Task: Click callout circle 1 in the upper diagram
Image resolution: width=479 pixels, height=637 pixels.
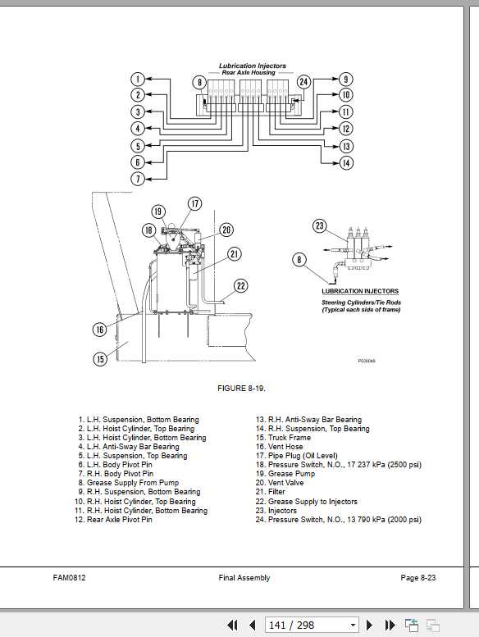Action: click(139, 80)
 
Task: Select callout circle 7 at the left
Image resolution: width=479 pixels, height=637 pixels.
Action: click(139, 178)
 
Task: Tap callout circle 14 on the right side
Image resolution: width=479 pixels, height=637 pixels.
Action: click(346, 163)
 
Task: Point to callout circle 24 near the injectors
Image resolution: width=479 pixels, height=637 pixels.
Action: click(303, 82)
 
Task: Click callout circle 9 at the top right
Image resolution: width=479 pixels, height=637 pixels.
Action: click(346, 80)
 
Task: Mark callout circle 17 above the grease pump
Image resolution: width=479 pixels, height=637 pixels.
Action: click(194, 203)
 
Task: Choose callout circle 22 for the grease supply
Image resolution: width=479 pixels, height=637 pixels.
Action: click(240, 285)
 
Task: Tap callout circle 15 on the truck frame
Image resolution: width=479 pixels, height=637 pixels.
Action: click(100, 358)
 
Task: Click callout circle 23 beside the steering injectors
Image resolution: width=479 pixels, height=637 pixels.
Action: click(320, 226)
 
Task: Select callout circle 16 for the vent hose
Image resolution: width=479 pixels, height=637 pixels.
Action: click(100, 330)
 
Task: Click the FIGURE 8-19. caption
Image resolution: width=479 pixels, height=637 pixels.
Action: click(241, 388)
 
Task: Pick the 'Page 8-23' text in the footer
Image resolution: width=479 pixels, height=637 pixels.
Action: click(417, 578)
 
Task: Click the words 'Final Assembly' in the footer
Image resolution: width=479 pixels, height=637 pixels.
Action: click(244, 578)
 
